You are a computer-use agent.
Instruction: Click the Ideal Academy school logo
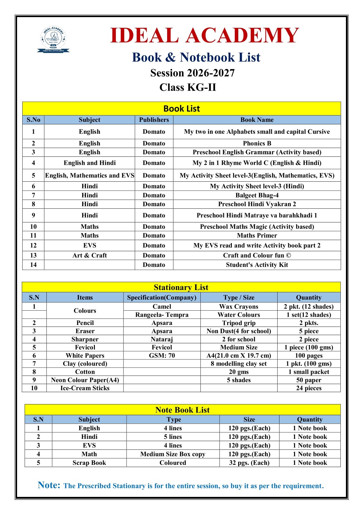53,39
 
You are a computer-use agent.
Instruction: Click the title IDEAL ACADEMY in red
204,35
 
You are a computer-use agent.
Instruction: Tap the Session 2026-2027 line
192,73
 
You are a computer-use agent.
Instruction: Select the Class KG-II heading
188,87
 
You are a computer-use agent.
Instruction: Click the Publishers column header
154,120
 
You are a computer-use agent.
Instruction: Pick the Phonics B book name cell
257,143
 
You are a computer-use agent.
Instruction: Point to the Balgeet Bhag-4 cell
257,195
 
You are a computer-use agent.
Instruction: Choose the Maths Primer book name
257,235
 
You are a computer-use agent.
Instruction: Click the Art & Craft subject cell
89,255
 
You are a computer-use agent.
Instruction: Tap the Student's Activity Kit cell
257,265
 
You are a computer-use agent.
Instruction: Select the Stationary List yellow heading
181,287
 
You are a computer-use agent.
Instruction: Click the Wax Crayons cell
239,307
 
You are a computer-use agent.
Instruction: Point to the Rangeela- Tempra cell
162,315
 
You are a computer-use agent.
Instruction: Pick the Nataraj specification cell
162,339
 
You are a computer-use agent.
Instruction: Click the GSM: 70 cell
162,355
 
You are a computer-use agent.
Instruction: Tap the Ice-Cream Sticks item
85,388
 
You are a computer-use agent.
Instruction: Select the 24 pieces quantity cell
309,388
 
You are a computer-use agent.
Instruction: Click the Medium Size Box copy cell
173,454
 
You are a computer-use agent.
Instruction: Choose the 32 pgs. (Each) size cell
249,463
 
